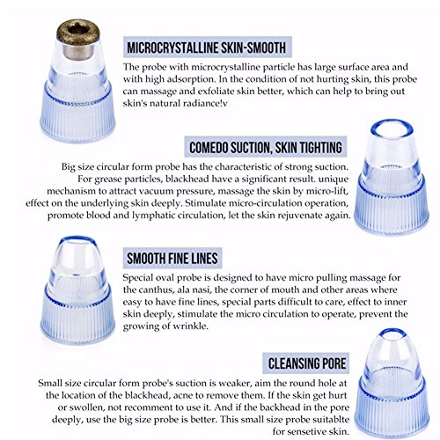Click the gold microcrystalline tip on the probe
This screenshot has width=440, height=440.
tap(78, 33)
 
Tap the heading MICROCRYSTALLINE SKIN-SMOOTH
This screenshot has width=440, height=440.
tap(207, 48)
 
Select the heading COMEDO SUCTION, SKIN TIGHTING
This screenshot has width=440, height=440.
tap(266, 147)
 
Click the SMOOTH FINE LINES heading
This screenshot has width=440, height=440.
tap(172, 259)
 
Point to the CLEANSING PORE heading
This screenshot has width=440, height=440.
tap(307, 363)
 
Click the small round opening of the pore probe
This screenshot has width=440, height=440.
tap(392, 331)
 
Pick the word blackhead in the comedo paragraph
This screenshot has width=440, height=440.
tap(185, 179)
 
